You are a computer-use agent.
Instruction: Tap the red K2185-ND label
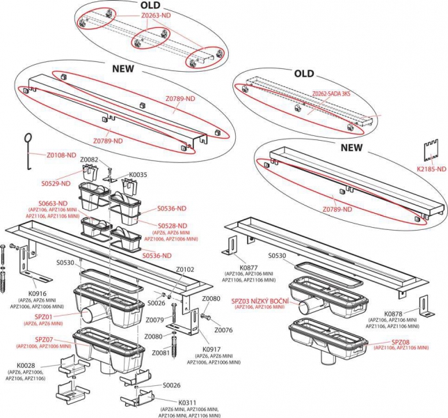pyautogui.click(x=431, y=169)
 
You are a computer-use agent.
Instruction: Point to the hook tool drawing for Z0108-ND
pyautogui.click(x=28, y=148)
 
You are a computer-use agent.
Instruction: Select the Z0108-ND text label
pyautogui.click(x=61, y=155)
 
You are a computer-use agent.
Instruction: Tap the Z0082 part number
pyautogui.click(x=90, y=160)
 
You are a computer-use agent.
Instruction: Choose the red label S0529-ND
pyautogui.click(x=55, y=183)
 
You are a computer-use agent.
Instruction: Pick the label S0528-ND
pyautogui.click(x=171, y=226)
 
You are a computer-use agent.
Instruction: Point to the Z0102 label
pyautogui.click(x=185, y=269)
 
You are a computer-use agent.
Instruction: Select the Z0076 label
pyautogui.click(x=223, y=330)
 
